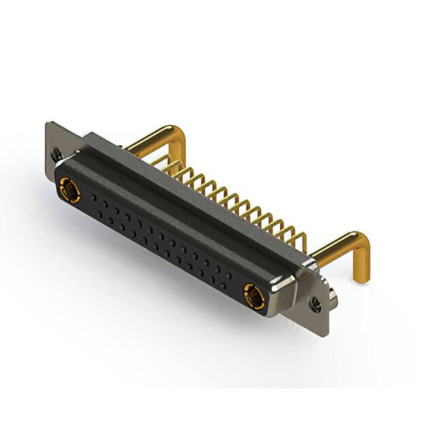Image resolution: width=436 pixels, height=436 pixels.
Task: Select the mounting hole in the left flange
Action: coord(58,154)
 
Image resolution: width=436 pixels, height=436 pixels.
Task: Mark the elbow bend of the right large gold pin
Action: coord(361,240)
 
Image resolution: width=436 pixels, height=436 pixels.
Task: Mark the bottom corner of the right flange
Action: coord(326,334)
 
